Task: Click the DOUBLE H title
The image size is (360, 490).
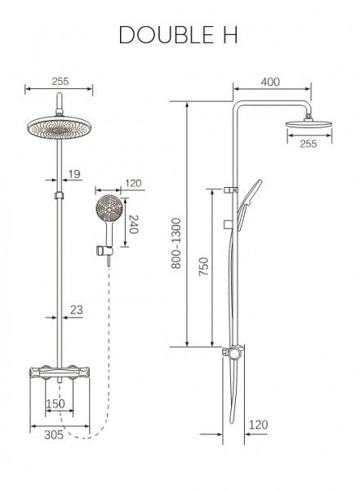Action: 178,34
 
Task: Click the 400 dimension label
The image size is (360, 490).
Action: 270,82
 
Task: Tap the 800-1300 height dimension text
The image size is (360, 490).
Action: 176,243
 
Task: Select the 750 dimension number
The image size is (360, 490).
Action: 204,266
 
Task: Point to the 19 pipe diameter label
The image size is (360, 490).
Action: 74,174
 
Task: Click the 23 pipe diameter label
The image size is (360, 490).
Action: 76,310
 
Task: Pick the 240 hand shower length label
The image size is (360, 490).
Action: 134,225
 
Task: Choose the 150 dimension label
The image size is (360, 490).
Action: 56,403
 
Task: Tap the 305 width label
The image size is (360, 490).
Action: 54,434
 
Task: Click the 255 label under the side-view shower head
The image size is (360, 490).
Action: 309,144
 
